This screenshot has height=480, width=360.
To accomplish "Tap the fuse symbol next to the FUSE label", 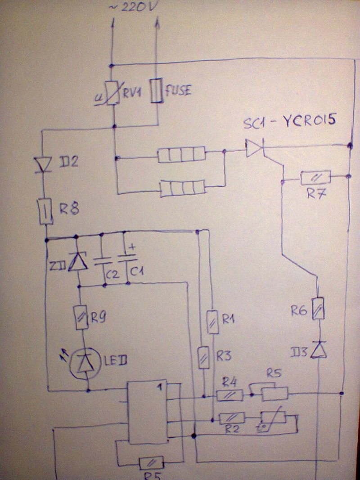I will (x=157, y=91).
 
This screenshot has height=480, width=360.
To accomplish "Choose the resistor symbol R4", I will (x=229, y=395).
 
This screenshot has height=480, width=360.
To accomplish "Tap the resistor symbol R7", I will (x=316, y=177).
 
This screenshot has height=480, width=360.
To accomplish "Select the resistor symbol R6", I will (x=318, y=309).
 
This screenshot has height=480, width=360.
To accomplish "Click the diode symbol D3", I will (x=319, y=350).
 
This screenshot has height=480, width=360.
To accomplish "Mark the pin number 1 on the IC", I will (x=160, y=386).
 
